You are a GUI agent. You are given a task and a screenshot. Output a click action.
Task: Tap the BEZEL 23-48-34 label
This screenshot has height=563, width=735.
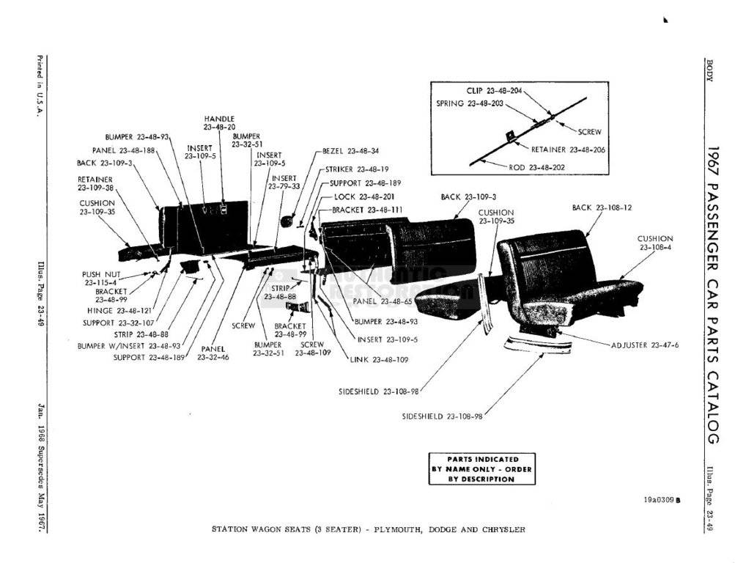tap(350, 152)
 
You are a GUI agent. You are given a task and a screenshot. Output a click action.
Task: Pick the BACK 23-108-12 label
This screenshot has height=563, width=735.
tap(602, 207)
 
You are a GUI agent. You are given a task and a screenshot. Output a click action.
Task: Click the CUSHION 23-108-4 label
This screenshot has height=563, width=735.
tap(655, 243)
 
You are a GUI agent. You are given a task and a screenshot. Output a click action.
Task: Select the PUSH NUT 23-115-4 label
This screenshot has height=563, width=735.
tap(100, 278)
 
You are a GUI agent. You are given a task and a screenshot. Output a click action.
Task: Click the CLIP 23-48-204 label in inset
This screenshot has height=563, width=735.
tap(495, 91)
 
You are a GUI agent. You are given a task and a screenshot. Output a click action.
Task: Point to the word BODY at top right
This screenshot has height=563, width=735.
tap(709, 70)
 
